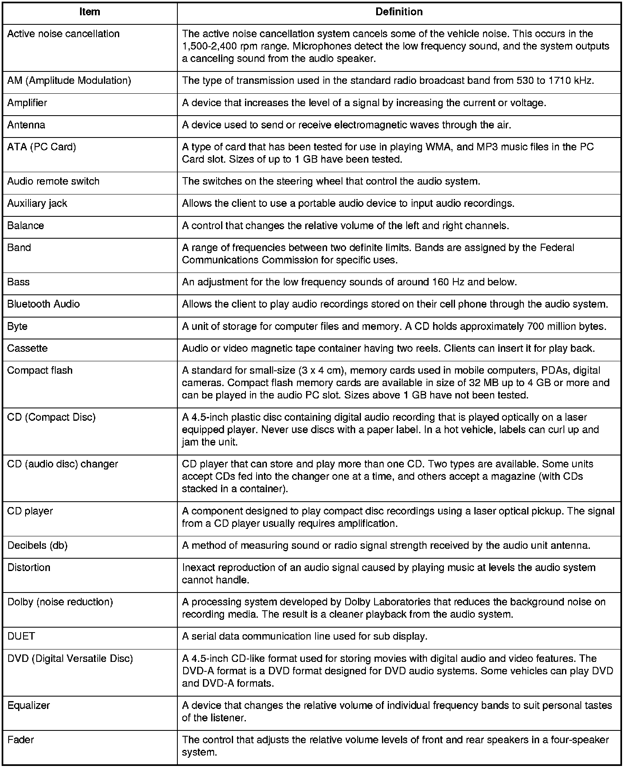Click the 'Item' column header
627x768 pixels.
(90, 12)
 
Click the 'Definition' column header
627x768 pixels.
(399, 12)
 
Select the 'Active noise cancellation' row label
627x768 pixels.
(64, 34)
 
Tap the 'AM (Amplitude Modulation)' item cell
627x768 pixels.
(69, 81)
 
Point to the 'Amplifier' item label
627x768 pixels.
(27, 103)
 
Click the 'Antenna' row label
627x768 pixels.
(26, 125)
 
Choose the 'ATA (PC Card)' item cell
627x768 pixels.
(42, 147)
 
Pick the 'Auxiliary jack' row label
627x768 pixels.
(37, 203)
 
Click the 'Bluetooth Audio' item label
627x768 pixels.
(43, 304)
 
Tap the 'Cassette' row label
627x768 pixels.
(27, 348)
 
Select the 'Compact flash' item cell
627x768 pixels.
(40, 370)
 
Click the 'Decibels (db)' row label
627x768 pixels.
(37, 545)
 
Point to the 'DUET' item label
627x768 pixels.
(21, 636)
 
